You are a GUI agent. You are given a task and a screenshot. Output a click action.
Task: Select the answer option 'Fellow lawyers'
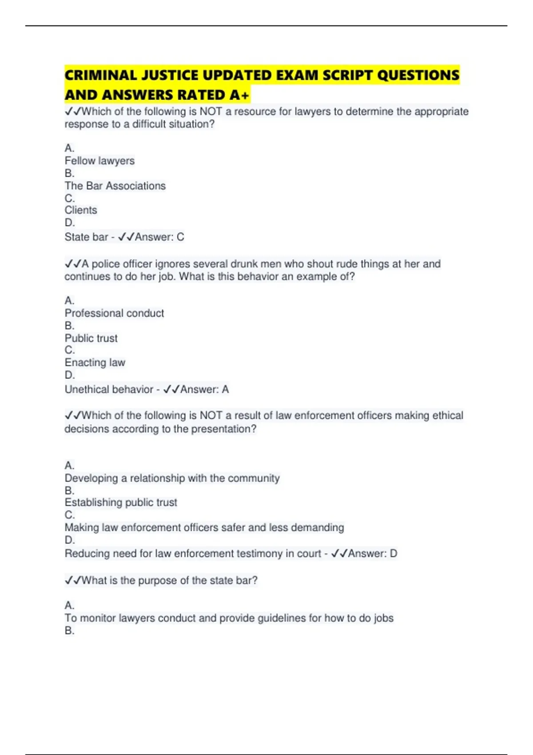(x=99, y=161)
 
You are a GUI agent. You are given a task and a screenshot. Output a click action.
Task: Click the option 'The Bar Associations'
(x=115, y=186)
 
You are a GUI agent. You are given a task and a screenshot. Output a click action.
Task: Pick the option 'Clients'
(x=81, y=210)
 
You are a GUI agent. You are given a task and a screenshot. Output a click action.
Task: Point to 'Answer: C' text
(x=159, y=237)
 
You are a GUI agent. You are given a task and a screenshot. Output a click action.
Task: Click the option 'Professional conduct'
(x=114, y=313)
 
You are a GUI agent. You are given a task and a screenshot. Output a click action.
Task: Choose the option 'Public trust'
(x=91, y=338)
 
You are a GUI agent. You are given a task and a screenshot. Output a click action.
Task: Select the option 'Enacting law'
(x=95, y=363)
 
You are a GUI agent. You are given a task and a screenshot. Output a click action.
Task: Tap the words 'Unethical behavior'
(x=109, y=389)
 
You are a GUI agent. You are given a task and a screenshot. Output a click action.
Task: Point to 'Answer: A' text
(x=204, y=389)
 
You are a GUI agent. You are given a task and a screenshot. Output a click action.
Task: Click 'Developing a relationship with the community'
(x=172, y=478)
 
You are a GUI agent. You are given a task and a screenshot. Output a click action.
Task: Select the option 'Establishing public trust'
(x=121, y=503)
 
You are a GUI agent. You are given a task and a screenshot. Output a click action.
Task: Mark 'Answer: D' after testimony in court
(x=372, y=554)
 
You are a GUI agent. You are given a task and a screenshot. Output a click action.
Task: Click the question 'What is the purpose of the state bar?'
(x=169, y=580)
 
